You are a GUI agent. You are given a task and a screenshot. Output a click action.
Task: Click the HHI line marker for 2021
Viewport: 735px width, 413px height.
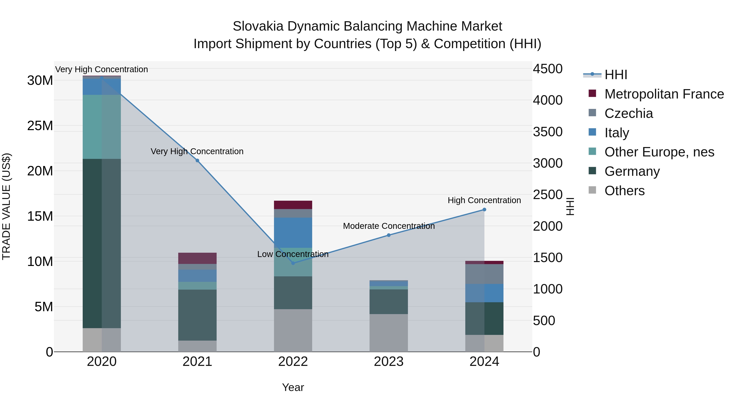pyautogui.click(x=197, y=161)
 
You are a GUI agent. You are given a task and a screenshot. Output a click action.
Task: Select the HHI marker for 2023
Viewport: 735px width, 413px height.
pyautogui.click(x=389, y=235)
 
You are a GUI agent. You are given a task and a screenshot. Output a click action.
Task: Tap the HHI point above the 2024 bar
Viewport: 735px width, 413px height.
pyautogui.click(x=484, y=209)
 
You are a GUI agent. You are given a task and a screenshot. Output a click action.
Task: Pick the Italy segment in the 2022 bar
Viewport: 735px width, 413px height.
pyautogui.click(x=293, y=232)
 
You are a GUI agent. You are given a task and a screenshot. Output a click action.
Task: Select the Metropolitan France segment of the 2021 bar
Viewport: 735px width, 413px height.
pyautogui.click(x=197, y=258)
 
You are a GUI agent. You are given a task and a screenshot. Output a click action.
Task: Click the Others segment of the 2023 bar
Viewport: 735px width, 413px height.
pyautogui.click(x=389, y=333)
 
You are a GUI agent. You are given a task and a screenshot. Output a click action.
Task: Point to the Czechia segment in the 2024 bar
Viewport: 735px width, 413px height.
pyautogui.click(x=484, y=274)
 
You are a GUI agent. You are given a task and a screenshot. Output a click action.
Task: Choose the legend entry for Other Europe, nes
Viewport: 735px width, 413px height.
pyautogui.click(x=659, y=152)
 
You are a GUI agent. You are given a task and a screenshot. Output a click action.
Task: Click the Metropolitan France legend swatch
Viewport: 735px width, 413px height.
pyautogui.click(x=592, y=93)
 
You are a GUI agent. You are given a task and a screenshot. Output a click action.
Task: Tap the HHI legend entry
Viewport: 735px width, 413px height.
pyautogui.click(x=616, y=75)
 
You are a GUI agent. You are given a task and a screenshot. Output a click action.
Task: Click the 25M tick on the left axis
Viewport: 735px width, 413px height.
pyautogui.click(x=40, y=126)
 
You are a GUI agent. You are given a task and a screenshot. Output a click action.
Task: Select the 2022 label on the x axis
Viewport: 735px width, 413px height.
pyautogui.click(x=293, y=362)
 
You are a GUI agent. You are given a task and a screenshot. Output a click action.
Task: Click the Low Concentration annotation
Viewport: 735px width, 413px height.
pyautogui.click(x=293, y=254)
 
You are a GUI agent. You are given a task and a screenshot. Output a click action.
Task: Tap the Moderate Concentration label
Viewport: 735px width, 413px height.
pyautogui.click(x=389, y=226)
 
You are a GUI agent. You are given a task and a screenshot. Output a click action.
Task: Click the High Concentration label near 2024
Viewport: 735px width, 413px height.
pyautogui.click(x=484, y=200)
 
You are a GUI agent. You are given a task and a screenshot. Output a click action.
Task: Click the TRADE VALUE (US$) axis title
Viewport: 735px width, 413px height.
pyautogui.click(x=6, y=206)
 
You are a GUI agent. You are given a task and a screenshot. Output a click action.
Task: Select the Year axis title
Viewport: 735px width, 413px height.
pyautogui.click(x=293, y=387)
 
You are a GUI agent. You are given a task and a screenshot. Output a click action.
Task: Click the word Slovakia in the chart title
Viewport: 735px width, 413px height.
pyautogui.click(x=258, y=26)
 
